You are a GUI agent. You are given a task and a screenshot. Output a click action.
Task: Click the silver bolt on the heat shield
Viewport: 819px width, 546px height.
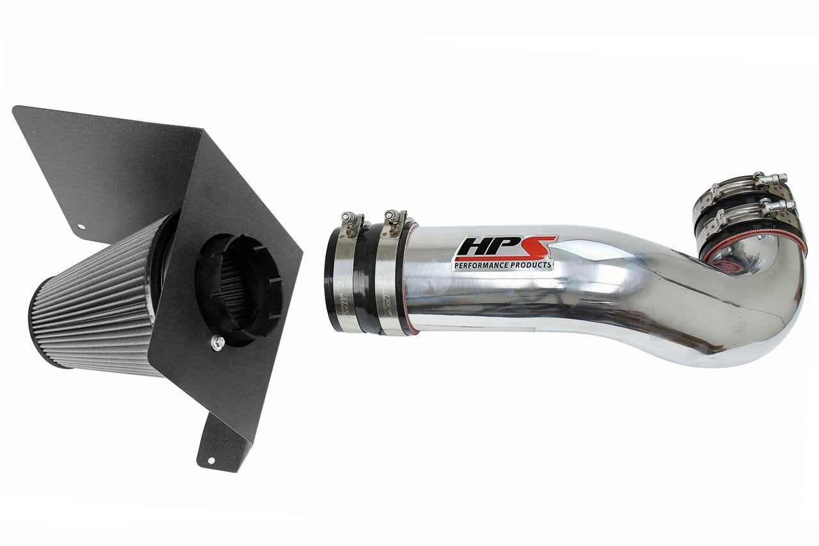[216, 344]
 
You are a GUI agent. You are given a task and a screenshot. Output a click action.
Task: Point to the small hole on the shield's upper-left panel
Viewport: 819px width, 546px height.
[81, 225]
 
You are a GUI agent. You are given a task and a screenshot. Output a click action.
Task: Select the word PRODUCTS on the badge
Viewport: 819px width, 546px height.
[530, 264]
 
